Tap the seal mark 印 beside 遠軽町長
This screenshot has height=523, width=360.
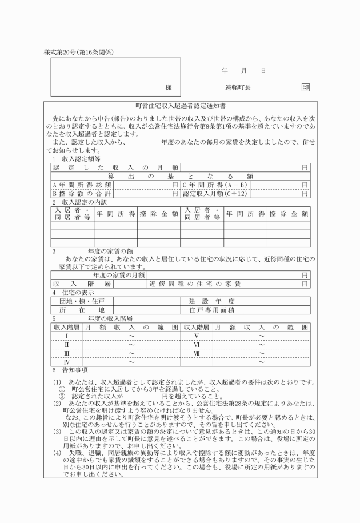point(306,88)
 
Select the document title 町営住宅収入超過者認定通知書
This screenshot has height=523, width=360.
point(180,106)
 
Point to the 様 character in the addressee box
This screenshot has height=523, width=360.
point(169,88)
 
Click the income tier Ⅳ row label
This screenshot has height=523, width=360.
point(67,362)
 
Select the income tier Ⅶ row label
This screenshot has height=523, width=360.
point(196,353)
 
